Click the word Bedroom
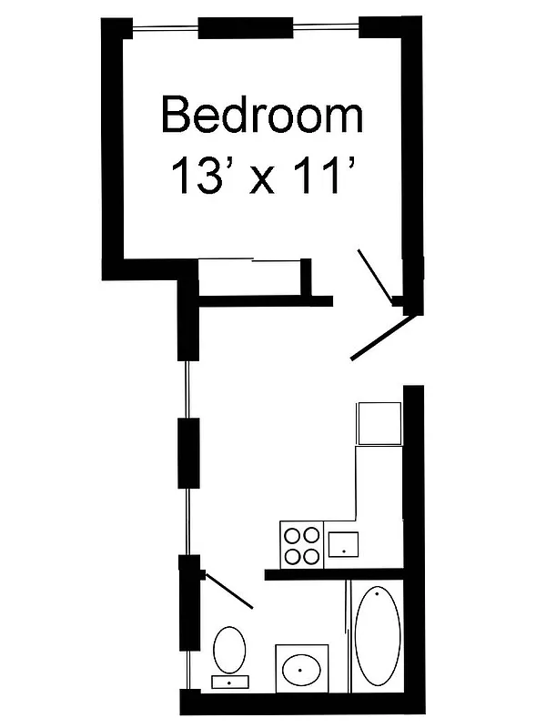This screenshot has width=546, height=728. (262, 116)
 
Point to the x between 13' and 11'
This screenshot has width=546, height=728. (263, 177)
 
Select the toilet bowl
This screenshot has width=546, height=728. (229, 648)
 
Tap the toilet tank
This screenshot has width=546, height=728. (229, 681)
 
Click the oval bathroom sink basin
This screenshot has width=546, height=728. (302, 672)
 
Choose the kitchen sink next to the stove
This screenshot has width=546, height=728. (343, 544)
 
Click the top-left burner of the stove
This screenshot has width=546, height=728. (294, 536)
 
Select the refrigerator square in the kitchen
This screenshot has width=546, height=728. (379, 422)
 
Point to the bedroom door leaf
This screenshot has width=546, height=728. (374, 273)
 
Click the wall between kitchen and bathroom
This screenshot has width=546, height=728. (332, 574)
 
